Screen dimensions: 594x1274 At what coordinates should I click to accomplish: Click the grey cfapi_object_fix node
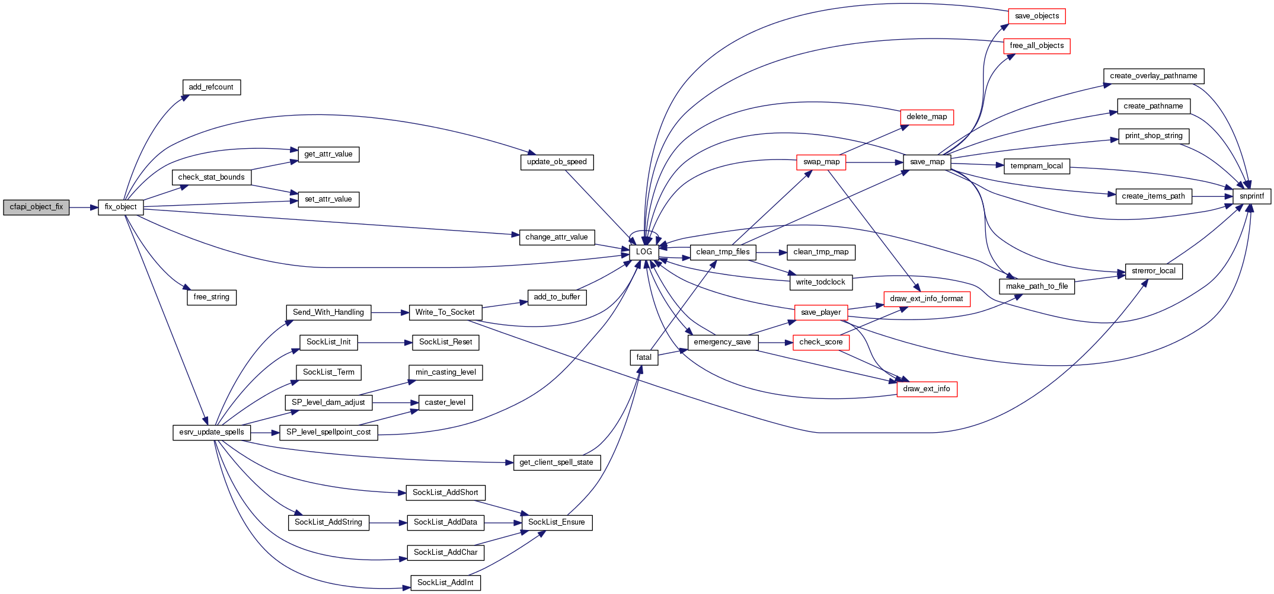click(36, 207)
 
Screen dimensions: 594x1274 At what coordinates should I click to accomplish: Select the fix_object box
click(120, 207)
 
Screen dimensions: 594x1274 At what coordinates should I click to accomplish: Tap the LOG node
click(644, 252)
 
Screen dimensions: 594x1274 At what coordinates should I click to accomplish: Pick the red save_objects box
click(1036, 16)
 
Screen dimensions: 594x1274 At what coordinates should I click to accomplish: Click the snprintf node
click(1251, 196)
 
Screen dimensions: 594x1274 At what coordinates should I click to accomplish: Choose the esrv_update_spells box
click(211, 432)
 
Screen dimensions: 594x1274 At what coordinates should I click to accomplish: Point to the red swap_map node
click(821, 162)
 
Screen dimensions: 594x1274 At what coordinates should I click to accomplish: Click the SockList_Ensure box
click(556, 522)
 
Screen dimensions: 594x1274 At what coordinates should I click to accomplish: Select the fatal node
click(644, 357)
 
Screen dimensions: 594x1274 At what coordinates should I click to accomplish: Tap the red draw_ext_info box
click(927, 389)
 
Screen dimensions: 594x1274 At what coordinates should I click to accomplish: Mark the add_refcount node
click(211, 87)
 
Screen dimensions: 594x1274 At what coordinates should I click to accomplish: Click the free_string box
click(211, 297)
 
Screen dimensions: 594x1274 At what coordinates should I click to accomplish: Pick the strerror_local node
click(1153, 271)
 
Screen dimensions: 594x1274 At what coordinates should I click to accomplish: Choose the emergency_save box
click(722, 342)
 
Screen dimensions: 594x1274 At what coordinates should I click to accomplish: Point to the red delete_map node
click(927, 117)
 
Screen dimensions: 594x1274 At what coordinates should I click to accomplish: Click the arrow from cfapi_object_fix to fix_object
click(84, 207)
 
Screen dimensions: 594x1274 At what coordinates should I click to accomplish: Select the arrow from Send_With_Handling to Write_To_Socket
click(390, 312)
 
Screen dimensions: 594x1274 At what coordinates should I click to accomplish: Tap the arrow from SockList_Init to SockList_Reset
click(385, 343)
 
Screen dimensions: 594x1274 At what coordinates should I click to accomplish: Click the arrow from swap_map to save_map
click(874, 162)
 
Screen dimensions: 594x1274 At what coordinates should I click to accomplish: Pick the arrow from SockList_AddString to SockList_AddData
click(388, 523)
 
